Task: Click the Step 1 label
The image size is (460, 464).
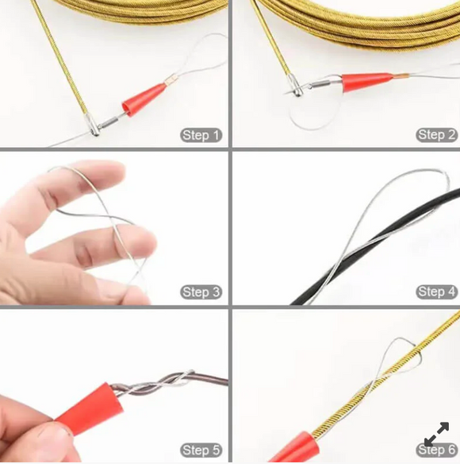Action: (201, 135)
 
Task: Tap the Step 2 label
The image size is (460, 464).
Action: (436, 135)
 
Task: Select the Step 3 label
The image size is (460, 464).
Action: (201, 292)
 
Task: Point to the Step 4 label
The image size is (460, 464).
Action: (436, 292)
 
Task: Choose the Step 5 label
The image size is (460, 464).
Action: (201, 450)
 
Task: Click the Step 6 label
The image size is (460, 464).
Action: (436, 450)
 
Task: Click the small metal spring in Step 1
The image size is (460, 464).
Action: (109, 122)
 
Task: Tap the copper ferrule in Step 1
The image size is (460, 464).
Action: (171, 80)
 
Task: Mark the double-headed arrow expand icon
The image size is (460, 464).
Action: (436, 434)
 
